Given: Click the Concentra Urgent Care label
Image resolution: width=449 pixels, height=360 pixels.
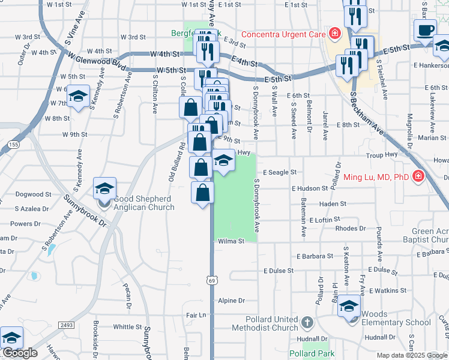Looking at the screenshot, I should (283, 34).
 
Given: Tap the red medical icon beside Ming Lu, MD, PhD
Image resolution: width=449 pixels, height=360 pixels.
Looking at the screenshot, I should (418, 177).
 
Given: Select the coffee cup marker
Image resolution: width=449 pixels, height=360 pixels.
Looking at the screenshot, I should (426, 30).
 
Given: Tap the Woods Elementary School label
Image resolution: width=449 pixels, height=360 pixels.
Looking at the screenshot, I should (396, 318).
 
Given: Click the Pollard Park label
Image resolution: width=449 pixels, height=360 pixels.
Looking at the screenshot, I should (312, 353).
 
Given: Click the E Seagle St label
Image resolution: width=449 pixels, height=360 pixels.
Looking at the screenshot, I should (279, 172).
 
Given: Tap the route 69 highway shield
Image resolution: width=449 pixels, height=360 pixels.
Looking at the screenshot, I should (211, 280).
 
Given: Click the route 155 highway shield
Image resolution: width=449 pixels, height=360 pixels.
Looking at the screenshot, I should (13, 145).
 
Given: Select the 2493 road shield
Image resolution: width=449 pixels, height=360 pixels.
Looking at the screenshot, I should (66, 325).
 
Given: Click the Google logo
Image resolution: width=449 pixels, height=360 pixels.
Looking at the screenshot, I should (19, 353).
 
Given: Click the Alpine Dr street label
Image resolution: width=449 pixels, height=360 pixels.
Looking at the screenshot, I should (232, 301).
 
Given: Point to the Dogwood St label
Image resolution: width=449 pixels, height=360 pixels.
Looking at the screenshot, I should (29, 194).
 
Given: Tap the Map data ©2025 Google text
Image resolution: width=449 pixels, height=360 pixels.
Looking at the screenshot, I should (411, 355).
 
